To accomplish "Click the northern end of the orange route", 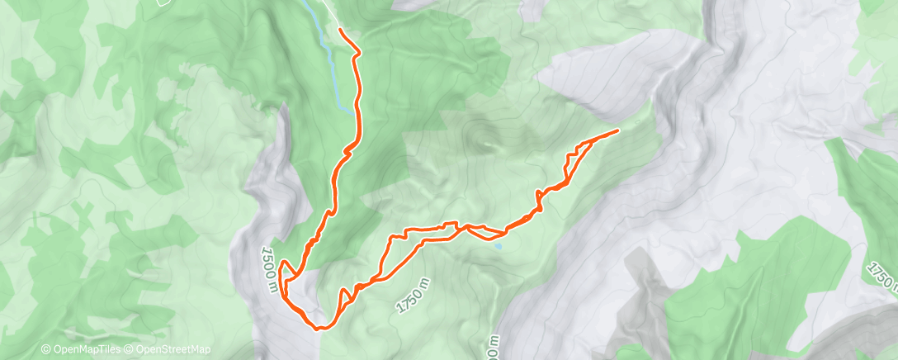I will (x=341, y=30).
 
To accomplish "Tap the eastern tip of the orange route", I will (x=617, y=130).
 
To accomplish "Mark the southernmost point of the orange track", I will (x=319, y=328).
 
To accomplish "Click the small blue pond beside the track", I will (x=498, y=245).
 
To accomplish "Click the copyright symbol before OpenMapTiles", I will (x=45, y=350).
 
